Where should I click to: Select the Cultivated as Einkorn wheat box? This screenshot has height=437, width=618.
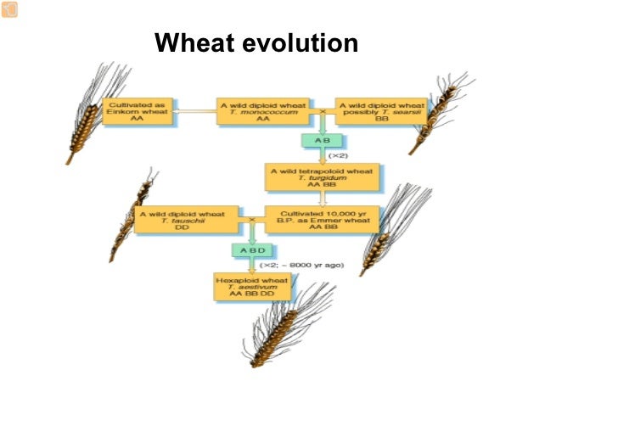pyautogui.click(x=138, y=112)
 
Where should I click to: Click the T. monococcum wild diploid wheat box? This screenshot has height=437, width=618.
pyautogui.click(x=263, y=112)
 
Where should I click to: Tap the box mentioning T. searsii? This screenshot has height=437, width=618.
pyautogui.click(x=382, y=112)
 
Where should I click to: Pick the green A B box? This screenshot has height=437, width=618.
pyautogui.click(x=322, y=140)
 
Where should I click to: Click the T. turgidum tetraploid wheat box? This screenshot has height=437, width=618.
pyautogui.click(x=322, y=177)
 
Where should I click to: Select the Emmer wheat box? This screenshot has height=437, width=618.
pyautogui.click(x=322, y=220)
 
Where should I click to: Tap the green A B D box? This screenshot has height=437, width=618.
pyautogui.click(x=251, y=250)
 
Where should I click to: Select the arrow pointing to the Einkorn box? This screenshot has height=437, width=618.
pyautogui.click(x=194, y=111)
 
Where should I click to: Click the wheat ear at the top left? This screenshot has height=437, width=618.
pyautogui.click(x=93, y=110)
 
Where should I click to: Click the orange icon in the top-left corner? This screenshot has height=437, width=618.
pyautogui.click(x=8, y=8)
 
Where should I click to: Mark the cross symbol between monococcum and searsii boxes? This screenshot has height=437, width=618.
pyautogui.click(x=322, y=112)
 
